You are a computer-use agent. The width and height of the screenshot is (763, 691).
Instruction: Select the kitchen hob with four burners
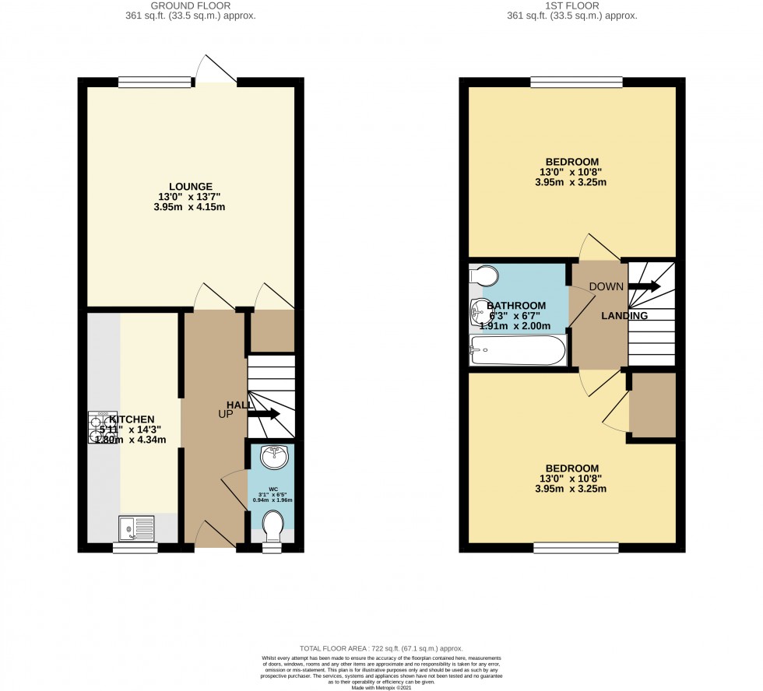[x=103, y=427]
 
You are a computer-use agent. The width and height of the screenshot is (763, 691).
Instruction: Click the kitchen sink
[x=136, y=529]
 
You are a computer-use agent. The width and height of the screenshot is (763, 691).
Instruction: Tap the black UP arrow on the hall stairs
[x=264, y=414]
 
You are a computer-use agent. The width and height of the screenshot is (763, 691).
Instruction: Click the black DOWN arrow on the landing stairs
[x=644, y=286]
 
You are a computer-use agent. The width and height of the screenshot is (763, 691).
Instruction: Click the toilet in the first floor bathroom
[x=485, y=275]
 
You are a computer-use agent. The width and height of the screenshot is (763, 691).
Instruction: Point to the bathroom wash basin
[x=480, y=313]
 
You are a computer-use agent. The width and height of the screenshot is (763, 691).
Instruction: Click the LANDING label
[x=624, y=316]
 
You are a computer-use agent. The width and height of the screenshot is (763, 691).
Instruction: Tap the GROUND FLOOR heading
[x=190, y=5]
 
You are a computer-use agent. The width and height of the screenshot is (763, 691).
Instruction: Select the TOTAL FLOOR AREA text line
[x=381, y=648]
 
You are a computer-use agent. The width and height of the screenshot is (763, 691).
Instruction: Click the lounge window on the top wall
[x=155, y=81]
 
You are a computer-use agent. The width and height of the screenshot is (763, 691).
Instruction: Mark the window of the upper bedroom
[x=576, y=81]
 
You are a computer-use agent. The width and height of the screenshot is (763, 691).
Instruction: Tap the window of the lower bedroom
[x=576, y=547]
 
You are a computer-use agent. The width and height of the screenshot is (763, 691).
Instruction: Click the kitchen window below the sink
[x=135, y=548]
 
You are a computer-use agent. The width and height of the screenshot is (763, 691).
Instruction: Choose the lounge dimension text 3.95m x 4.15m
[x=190, y=208]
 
